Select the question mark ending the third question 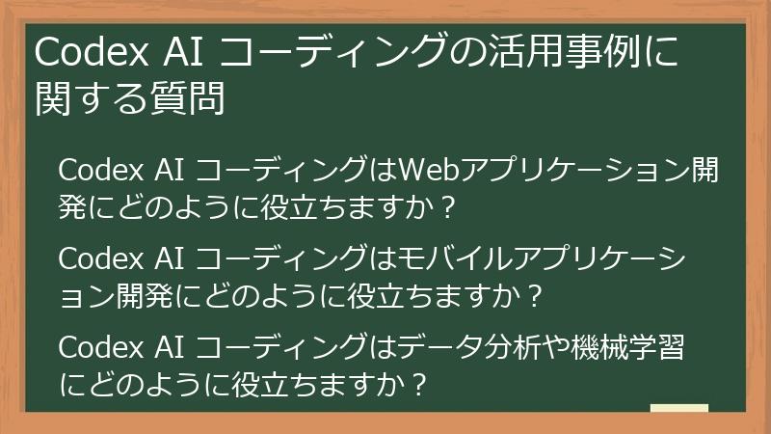(x=415, y=383)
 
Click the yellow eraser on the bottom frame (x=678, y=412)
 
